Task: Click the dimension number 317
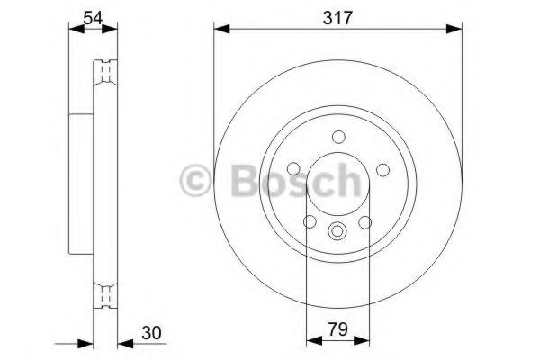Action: pos(331,16)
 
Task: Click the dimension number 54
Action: pos(93,16)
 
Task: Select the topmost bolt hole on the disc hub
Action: pos(338,137)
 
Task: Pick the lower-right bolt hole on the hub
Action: pos(365,222)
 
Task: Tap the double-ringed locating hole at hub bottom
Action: pos(337,230)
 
